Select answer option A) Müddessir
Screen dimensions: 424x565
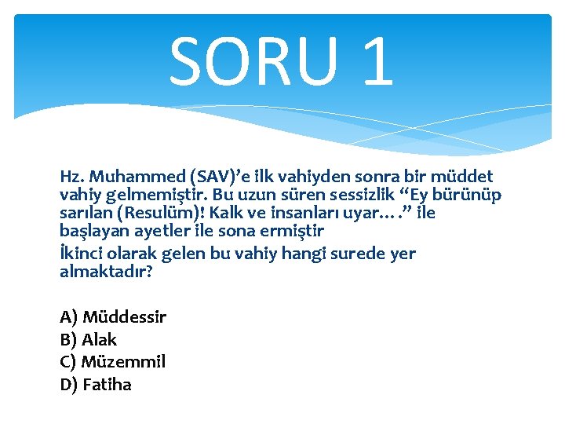point(113,317)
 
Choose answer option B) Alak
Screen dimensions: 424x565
point(88,340)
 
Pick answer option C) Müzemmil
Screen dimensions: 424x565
point(112,362)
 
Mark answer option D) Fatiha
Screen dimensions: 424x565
point(96,385)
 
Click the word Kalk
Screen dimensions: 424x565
point(228,214)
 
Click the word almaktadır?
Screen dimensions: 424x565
point(105,272)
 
